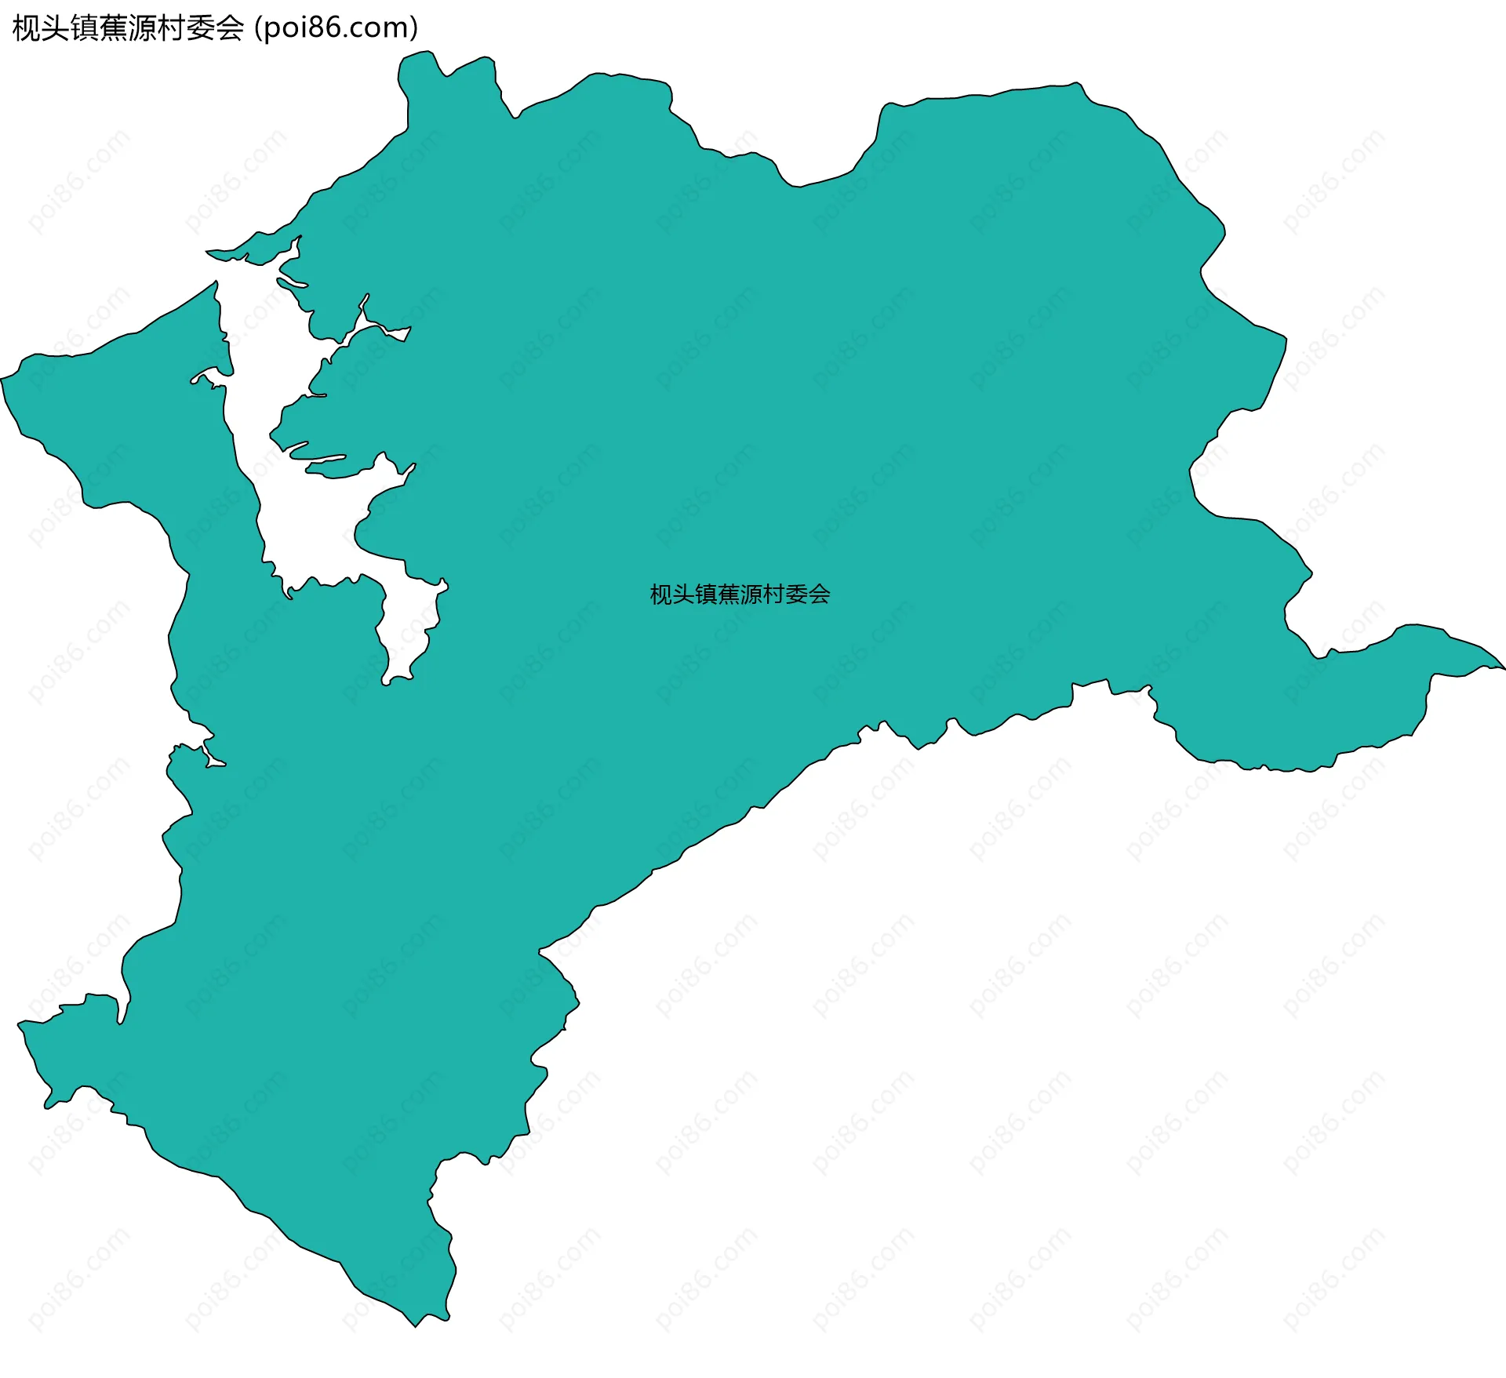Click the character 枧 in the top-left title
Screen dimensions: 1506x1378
(27, 28)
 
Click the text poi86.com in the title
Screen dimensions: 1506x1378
(336, 28)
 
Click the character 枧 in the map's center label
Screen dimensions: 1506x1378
(661, 594)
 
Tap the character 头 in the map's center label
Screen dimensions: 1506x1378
(683, 594)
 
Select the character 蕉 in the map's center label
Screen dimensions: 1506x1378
(729, 594)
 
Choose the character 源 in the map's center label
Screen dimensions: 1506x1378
(751, 594)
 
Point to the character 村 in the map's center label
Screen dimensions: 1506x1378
(773, 594)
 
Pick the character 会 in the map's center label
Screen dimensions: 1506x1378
(819, 594)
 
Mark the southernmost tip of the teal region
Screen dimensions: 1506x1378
(416, 1325)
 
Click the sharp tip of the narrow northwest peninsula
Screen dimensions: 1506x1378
(208, 252)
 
